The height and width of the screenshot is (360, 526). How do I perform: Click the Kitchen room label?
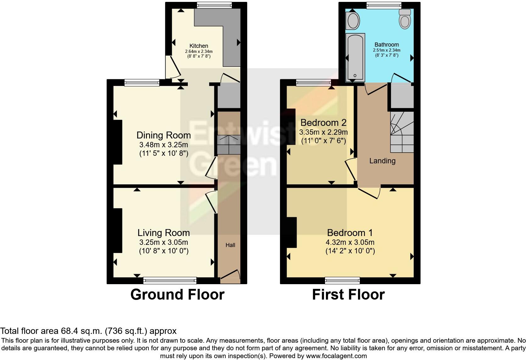point(199,46)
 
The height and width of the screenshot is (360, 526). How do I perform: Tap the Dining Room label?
point(163,135)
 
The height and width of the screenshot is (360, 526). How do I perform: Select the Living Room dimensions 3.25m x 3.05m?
point(163,242)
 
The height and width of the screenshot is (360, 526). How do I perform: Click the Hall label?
point(230,245)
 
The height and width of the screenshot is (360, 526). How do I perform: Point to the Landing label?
point(382,161)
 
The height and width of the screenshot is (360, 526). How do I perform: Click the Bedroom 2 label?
point(323,122)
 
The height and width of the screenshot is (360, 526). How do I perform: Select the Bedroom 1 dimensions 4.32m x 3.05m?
point(350,242)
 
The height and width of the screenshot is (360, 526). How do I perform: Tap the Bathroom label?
point(386,45)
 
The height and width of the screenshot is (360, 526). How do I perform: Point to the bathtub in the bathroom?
point(355,57)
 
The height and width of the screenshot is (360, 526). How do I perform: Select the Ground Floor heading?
point(177,295)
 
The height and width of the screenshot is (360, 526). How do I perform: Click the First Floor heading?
point(348,295)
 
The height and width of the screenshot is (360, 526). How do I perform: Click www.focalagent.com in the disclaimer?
point(336,356)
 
